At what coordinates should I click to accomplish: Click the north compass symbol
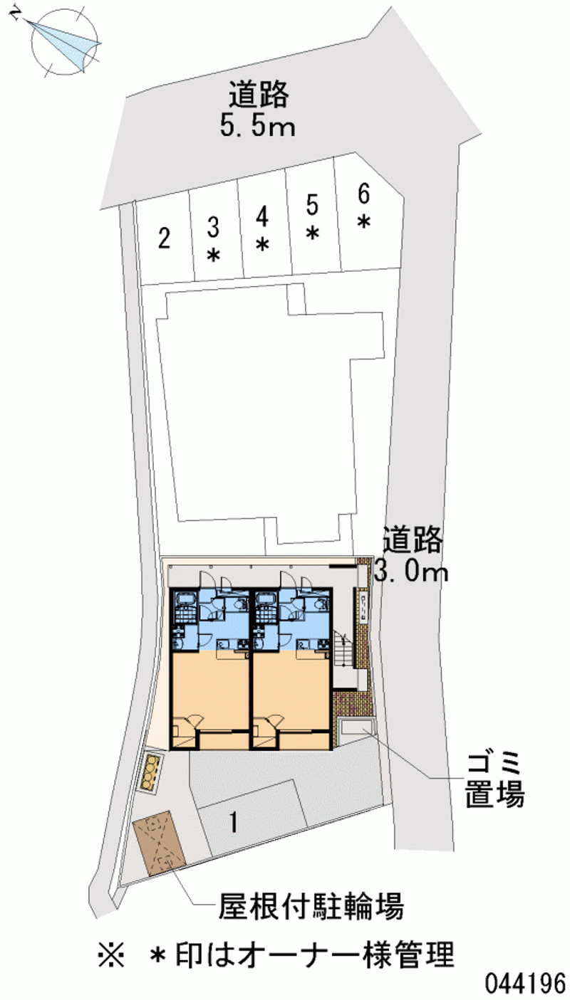pos(63,43)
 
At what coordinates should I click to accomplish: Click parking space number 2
pos(165,238)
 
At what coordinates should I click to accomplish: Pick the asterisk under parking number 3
pos(214,255)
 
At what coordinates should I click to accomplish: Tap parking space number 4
pos(262,217)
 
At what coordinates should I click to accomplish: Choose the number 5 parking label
pos(313,205)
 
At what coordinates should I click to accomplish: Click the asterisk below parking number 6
pos(364,221)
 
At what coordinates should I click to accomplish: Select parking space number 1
pos(233,822)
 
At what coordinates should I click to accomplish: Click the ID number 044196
pos(525,983)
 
